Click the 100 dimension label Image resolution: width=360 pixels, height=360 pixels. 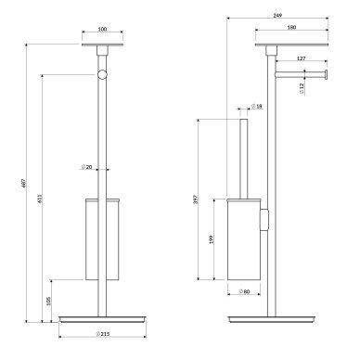coord(102,29)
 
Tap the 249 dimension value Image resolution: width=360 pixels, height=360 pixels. coord(277,16)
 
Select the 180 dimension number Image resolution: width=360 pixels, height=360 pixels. coord(291,27)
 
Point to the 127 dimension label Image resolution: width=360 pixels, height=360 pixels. coord(302,58)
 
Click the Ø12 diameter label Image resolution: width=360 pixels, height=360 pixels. coord(302,88)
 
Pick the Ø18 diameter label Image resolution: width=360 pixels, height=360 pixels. coord(257,106)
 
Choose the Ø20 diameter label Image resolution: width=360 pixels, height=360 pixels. coord(86,167)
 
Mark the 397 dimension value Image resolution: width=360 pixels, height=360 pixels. coord(195,199)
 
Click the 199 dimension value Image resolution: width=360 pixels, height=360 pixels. coord(212,239)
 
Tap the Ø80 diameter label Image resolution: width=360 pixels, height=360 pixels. coord(244,291)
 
